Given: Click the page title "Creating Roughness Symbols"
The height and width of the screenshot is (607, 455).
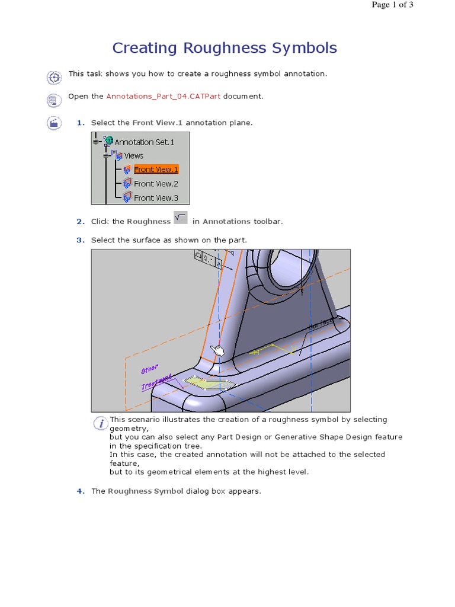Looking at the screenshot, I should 225,48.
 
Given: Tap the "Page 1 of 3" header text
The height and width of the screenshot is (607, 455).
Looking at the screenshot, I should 392,5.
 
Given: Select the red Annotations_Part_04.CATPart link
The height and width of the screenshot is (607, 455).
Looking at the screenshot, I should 164,96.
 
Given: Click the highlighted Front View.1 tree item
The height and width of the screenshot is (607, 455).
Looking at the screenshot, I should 156,170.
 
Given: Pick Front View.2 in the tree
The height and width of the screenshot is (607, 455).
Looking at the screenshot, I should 156,184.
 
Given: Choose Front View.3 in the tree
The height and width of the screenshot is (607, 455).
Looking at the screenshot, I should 156,198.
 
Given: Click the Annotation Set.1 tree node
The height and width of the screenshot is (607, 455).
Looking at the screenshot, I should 144,142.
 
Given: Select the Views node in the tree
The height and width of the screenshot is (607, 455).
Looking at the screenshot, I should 133,156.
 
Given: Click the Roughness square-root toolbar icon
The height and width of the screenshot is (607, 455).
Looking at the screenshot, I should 181,218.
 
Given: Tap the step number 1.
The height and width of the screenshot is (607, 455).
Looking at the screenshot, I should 80,123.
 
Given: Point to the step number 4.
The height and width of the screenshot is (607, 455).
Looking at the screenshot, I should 80,491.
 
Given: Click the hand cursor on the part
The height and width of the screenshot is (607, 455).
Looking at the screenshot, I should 219,350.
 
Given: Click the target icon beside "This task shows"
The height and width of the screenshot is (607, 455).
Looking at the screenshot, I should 54,77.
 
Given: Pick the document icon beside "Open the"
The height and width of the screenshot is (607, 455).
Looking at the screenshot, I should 54,100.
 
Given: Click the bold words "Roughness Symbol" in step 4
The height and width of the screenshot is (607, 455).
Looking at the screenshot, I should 145,491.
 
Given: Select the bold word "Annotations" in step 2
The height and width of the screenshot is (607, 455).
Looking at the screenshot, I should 226,222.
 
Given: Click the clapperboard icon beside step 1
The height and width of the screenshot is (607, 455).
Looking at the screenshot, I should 54,123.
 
